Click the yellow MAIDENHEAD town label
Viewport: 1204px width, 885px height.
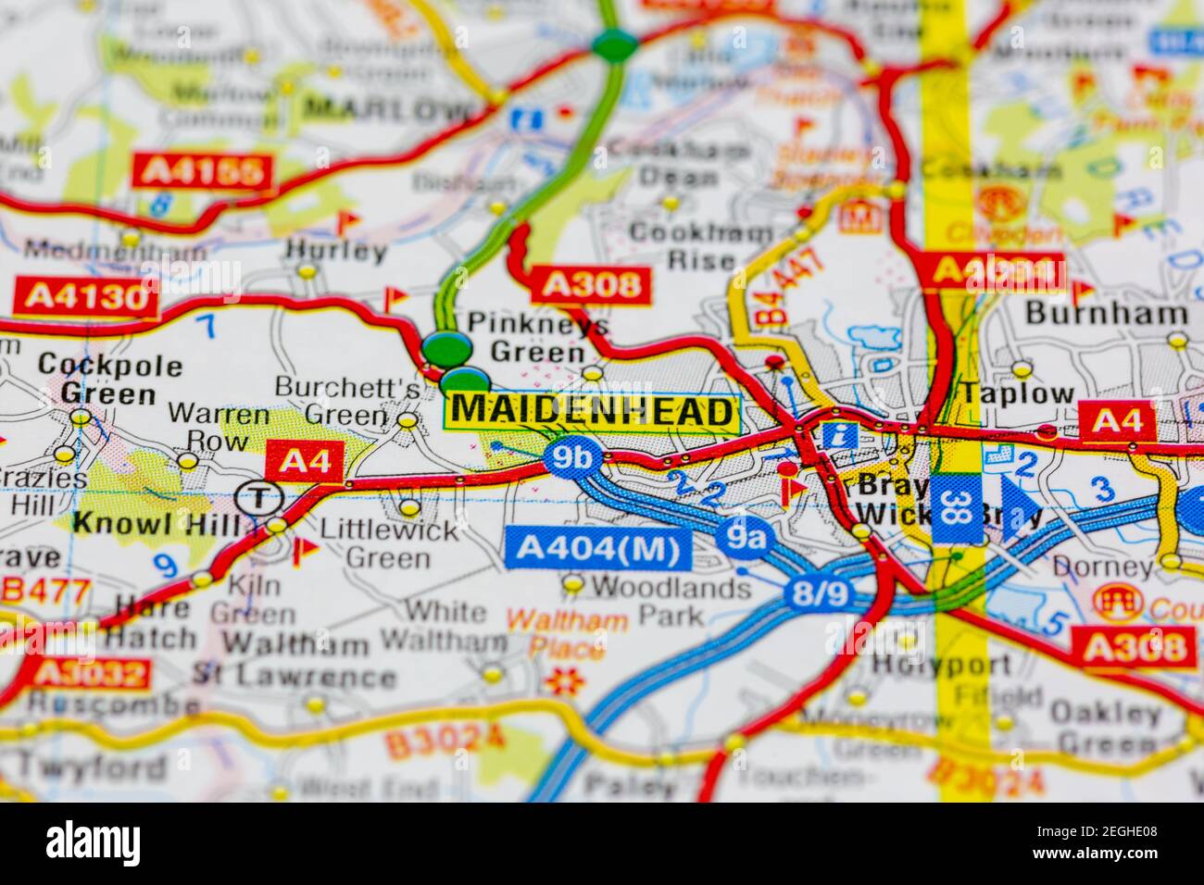[593, 411]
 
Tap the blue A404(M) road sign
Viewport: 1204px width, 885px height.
[598, 549]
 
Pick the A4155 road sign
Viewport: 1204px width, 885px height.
[204, 171]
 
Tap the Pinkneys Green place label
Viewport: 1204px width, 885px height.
[538, 337]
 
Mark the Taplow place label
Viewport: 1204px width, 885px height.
[1016, 393]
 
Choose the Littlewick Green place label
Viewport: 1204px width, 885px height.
[388, 543]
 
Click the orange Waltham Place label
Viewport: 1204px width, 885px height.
[568, 633]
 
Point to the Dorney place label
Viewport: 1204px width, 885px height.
[1113, 566]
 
